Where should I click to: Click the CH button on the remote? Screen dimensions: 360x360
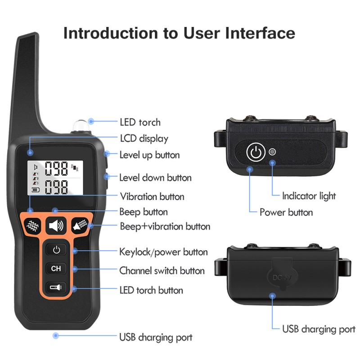tap(56, 269)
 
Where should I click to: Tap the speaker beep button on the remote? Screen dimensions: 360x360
tap(56, 225)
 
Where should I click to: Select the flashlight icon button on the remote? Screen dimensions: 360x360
tap(56, 288)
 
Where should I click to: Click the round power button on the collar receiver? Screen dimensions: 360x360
tap(255, 152)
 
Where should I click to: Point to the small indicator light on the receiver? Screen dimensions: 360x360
tap(272, 152)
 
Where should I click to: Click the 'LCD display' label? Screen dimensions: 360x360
tap(144, 139)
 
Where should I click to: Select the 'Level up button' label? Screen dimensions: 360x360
tap(149, 155)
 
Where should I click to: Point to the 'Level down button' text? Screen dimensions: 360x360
tap(155, 178)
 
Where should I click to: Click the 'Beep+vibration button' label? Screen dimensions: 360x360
tap(165, 226)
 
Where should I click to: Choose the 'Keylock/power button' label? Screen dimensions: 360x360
tap(163, 252)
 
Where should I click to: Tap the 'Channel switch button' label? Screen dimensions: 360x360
tap(162, 271)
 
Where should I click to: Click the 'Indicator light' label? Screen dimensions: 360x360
tap(309, 196)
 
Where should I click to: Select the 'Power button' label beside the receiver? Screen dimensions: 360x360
tap(286, 212)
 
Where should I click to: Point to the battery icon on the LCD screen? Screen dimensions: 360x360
tap(35, 190)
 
